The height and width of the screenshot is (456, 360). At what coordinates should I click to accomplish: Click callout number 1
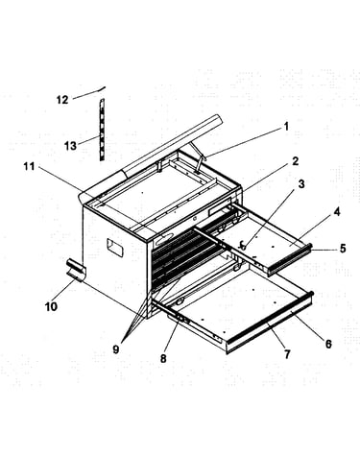(x=286, y=127)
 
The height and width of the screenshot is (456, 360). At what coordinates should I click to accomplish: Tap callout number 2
(x=295, y=161)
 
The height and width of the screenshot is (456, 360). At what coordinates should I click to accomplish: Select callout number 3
(x=301, y=184)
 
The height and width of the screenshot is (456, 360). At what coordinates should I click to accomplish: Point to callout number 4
(x=337, y=212)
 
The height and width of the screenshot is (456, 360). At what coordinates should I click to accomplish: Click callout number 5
(x=343, y=248)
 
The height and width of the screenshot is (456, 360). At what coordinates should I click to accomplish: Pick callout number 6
(x=328, y=344)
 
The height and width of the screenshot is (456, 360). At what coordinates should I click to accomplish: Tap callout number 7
(x=287, y=354)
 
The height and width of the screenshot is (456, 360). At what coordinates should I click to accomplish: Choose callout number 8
(x=163, y=358)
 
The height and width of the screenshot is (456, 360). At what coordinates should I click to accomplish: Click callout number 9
(x=116, y=349)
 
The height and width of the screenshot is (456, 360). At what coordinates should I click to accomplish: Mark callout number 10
(x=51, y=306)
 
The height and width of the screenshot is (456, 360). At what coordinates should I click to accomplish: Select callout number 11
(x=29, y=166)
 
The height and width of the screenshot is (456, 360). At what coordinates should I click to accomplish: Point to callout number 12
(x=62, y=100)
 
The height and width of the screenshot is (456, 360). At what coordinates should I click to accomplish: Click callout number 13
(x=70, y=146)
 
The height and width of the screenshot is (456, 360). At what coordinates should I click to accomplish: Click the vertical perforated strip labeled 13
(x=102, y=130)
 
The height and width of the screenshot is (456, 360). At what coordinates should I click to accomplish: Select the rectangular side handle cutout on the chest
(x=115, y=248)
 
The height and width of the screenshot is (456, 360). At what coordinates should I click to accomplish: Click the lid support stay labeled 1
(x=199, y=158)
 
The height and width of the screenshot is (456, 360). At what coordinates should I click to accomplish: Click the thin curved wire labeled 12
(x=89, y=92)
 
